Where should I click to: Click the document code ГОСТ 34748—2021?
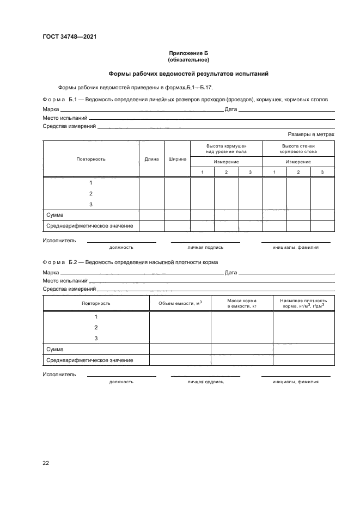pos(70,37)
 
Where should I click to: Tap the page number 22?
pos(46,463)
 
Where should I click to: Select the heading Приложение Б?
pos(188,53)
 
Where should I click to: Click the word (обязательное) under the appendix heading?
pos(188,59)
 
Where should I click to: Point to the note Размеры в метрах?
pos(311,134)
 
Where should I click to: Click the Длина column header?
pos(152,159)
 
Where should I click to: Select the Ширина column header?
pos(178,159)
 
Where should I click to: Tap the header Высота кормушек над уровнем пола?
pos(226,149)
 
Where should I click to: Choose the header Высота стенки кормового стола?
pos(298,149)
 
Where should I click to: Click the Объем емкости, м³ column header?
pos(180,303)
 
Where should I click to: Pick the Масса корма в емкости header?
pos(242,303)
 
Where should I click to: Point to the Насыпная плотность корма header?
pos(303,303)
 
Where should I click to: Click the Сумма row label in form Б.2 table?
pos(55,349)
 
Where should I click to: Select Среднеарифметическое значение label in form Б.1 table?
pos(89,225)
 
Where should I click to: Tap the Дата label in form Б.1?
pos(230,109)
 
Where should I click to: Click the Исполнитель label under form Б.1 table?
pos(59,240)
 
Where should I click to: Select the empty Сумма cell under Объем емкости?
pos(180,349)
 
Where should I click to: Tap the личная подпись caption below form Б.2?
pos(205,382)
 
